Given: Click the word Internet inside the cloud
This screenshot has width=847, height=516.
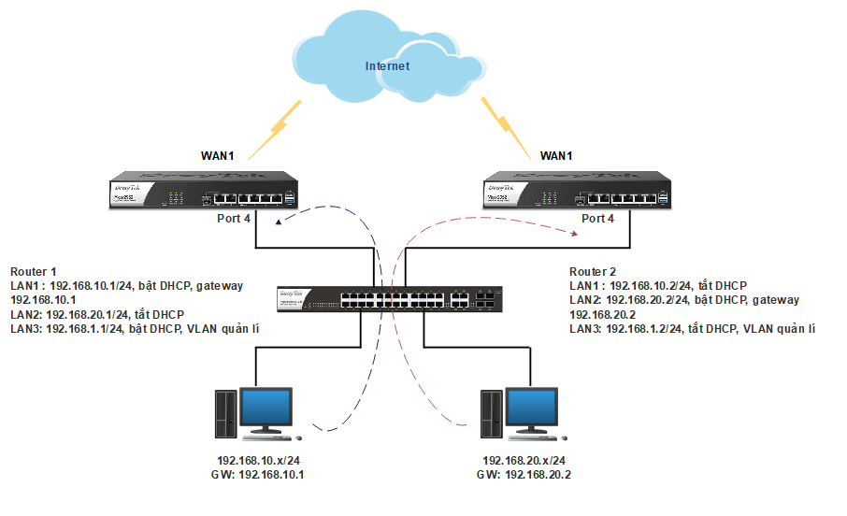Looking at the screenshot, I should click(387, 66).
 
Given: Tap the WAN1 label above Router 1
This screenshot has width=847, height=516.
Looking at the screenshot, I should click(216, 155).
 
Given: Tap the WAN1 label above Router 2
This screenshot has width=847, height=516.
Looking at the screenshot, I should click(556, 155).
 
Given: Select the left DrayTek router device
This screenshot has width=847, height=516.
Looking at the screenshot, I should click(206, 190).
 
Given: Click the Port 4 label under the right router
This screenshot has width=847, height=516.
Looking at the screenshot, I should click(598, 219).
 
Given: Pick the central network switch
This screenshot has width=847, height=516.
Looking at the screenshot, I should click(391, 299).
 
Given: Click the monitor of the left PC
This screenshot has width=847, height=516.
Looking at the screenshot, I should click(266, 408).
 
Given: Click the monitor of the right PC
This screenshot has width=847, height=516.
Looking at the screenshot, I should click(534, 408).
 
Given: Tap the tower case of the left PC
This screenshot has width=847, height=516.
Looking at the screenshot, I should click(224, 414).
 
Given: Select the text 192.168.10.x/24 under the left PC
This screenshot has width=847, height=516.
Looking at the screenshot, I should click(258, 462).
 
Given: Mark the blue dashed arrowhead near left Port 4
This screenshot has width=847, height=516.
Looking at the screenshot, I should click(278, 222).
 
